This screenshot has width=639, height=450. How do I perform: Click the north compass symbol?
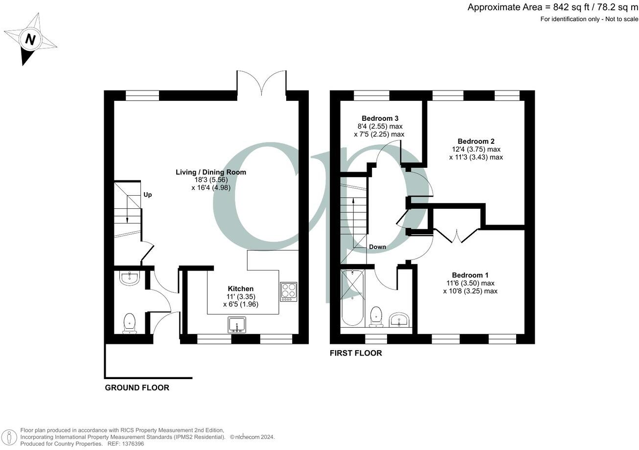coord(30,39)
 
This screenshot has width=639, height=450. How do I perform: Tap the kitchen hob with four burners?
coord(288,292)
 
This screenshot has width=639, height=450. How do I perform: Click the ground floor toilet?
coord(129,323)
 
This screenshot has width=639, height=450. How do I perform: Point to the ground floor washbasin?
coord(130,278)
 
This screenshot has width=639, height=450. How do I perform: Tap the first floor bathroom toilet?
coord(376,316)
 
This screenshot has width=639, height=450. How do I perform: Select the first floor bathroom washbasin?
coord(400,320)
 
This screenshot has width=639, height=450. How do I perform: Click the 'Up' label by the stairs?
coord(147,195)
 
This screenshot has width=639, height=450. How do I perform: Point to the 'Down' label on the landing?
coord(377,247)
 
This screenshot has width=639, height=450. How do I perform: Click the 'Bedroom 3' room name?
coord(380,118)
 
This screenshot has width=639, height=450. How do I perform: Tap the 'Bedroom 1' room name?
coord(470,275)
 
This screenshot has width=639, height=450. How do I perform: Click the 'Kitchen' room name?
coord(241,289)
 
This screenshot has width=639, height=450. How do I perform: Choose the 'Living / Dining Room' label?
coord(211,172)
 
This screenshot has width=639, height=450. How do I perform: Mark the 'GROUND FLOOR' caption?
coord(137,388)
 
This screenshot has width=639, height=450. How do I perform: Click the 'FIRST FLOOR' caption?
coord(356,353)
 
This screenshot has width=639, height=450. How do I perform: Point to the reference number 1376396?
coord(132,444)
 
